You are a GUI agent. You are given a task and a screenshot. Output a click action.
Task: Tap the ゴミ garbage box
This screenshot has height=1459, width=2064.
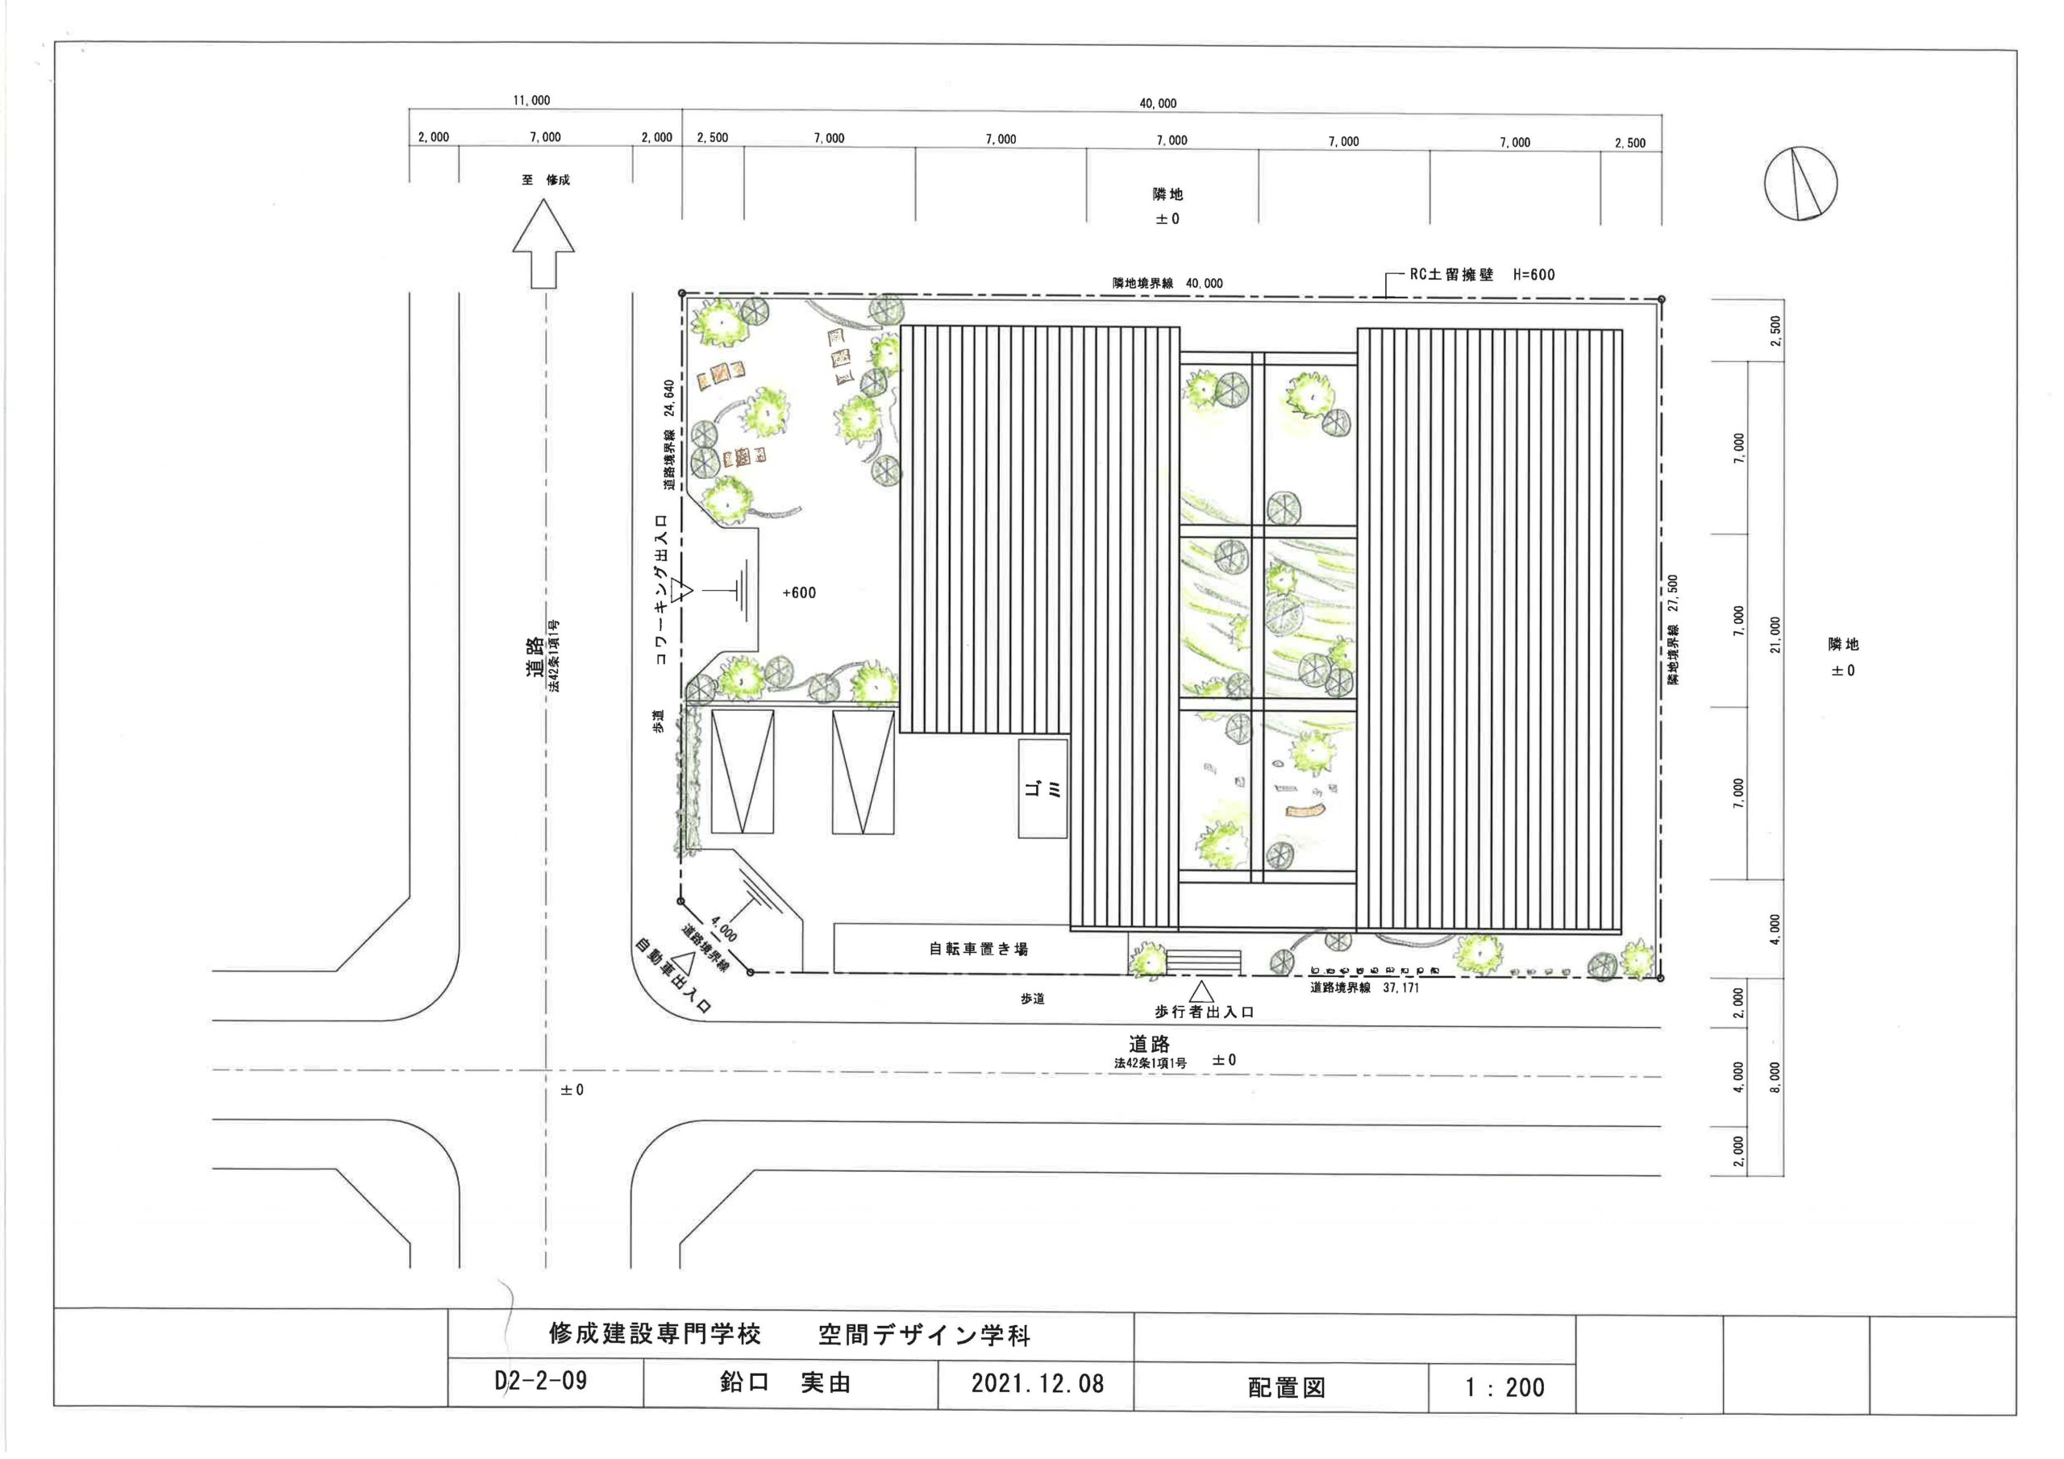click(1042, 788)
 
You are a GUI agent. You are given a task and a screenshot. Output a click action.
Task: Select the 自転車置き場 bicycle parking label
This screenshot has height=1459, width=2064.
click(978, 949)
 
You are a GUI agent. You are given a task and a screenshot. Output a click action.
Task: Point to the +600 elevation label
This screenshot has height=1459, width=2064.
click(799, 592)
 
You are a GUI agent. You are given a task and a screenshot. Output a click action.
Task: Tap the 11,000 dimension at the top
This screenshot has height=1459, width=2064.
click(531, 101)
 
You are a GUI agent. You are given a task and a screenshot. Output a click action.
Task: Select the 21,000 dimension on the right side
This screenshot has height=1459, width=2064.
click(1775, 634)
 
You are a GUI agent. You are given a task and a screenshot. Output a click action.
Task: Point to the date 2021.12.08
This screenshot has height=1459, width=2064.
click(1038, 1382)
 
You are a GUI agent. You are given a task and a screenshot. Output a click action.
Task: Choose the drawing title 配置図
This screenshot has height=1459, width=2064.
click(1287, 1387)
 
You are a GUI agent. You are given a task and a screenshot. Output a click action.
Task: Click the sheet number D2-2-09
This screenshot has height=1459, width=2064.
click(541, 1380)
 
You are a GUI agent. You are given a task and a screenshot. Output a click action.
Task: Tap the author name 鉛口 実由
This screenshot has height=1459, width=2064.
click(784, 1382)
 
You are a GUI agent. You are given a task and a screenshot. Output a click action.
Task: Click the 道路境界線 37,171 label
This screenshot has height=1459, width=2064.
click(1365, 988)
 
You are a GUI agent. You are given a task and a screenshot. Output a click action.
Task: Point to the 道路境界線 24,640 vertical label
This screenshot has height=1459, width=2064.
click(669, 434)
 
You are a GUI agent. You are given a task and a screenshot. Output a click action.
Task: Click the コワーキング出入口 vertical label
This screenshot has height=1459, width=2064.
click(662, 590)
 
